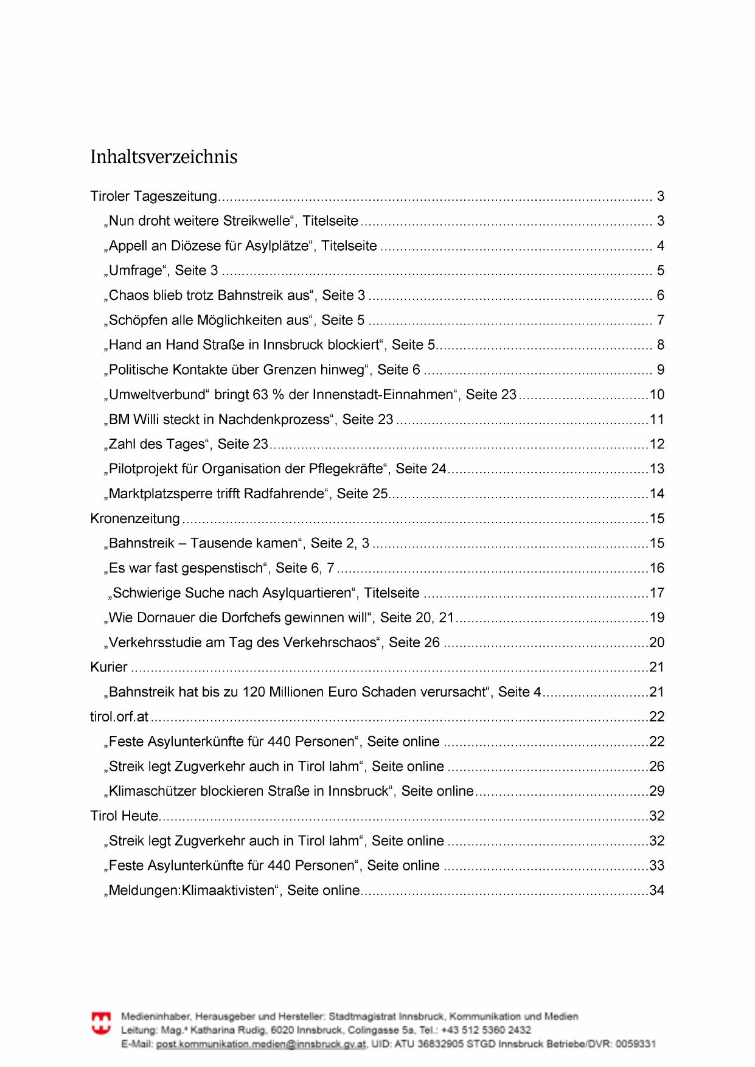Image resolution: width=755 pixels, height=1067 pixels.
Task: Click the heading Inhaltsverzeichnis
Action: click(164, 157)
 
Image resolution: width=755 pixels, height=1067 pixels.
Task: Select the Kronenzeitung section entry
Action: click(135, 518)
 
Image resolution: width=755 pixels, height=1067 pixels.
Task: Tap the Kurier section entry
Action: click(109, 667)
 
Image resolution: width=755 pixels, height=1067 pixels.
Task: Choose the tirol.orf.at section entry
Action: click(119, 717)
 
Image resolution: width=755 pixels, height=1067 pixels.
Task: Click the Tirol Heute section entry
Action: click(124, 816)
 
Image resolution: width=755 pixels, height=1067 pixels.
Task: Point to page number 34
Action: click(657, 891)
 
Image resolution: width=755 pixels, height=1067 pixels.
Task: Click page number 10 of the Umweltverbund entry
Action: click(657, 395)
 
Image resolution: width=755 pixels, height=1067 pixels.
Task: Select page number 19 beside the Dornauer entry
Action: click(657, 618)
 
